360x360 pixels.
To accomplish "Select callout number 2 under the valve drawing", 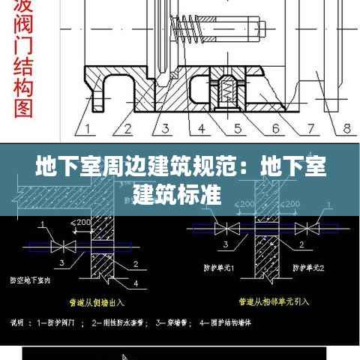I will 127,128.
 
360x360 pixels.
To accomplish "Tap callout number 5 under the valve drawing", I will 239,128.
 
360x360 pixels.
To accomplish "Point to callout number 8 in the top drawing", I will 347,128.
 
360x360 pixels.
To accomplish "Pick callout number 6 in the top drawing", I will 275,128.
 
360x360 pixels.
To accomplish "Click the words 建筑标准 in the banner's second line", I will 177,196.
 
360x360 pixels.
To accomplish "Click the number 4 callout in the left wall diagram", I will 136,283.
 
